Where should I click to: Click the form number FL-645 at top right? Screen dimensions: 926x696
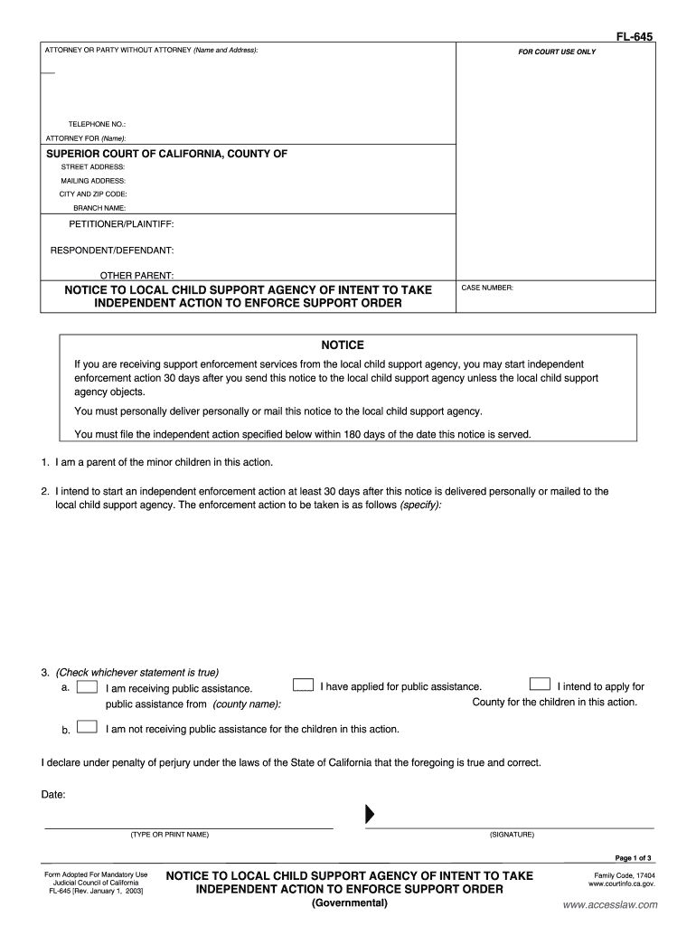click(635, 37)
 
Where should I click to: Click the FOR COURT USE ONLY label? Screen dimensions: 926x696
click(557, 52)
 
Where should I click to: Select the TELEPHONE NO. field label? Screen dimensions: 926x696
click(98, 123)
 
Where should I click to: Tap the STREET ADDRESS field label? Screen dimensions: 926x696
click(92, 167)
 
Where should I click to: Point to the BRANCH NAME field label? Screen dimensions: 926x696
click(99, 207)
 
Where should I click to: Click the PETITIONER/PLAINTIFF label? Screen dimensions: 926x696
click(122, 223)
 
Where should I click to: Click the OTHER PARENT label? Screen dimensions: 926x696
click(136, 275)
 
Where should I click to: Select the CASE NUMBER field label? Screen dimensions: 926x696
click(487, 288)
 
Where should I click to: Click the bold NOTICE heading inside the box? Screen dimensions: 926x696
click(343, 345)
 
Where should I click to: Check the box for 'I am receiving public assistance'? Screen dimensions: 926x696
click(88, 687)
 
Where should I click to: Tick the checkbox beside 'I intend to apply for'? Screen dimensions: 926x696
click(539, 685)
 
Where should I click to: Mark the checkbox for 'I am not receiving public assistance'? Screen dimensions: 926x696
click(88, 727)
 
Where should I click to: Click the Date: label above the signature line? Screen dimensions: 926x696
click(53, 795)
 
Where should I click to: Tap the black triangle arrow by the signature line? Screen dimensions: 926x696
click(369, 814)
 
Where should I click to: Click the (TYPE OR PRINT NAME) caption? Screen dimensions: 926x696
click(170, 834)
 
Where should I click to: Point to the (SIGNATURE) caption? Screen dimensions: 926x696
click(512, 834)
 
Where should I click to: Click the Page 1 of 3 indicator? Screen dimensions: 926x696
click(633, 857)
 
